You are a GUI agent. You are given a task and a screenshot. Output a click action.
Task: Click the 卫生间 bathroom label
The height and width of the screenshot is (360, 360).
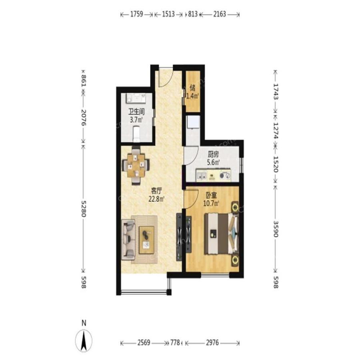[136, 112]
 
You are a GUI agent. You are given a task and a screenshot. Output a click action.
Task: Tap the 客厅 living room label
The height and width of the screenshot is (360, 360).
[156, 190]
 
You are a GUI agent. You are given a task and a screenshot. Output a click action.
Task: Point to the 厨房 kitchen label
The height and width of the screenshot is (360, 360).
[213, 154]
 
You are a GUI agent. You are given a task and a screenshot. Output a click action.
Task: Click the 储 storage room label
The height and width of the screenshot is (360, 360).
[193, 88]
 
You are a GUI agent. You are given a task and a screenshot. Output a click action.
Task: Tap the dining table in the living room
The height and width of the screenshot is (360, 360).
[136, 166]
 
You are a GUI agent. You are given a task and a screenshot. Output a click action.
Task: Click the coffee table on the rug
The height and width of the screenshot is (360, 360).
[146, 240]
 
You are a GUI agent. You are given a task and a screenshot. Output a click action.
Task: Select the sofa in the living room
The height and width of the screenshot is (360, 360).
[128, 240]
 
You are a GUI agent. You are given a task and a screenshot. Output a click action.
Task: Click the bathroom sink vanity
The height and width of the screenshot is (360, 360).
[136, 98]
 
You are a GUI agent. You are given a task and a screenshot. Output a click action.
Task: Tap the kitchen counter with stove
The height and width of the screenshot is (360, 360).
[213, 175]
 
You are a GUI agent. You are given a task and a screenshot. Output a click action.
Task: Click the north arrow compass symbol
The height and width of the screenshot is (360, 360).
[84, 341]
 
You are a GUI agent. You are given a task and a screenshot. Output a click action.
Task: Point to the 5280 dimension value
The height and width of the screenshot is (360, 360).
[83, 209]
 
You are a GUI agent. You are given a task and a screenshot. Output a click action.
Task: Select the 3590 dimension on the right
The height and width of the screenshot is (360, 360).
[276, 229]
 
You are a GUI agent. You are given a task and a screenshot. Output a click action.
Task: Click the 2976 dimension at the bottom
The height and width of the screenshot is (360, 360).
[212, 343]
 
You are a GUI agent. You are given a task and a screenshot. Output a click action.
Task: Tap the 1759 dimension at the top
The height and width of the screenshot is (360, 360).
[137, 14]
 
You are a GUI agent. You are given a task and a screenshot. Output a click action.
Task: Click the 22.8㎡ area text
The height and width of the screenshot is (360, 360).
[156, 199]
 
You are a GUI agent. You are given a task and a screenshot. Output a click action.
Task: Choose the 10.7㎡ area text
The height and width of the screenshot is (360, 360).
[211, 204]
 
